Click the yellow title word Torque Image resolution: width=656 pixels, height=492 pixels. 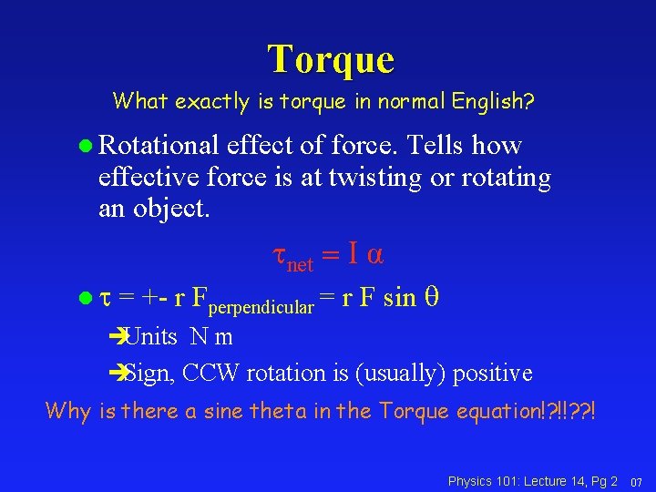pyautogui.click(x=331, y=58)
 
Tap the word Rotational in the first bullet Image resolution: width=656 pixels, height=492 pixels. pyautogui.click(x=159, y=146)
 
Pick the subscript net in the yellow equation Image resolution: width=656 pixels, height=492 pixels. pyautogui.click(x=300, y=265)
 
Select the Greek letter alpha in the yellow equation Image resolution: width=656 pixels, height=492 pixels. pyautogui.click(x=374, y=255)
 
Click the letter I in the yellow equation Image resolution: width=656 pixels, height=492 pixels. pyautogui.click(x=352, y=255)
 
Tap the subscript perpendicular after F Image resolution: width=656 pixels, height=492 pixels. pyautogui.click(x=264, y=307)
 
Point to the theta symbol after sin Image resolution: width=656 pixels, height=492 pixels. pyautogui.click(x=433, y=298)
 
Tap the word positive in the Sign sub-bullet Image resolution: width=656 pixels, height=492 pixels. pyautogui.click(x=492, y=374)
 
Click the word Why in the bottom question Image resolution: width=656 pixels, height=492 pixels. pyautogui.click(x=68, y=411)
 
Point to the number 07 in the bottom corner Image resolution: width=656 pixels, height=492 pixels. pyautogui.click(x=637, y=481)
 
